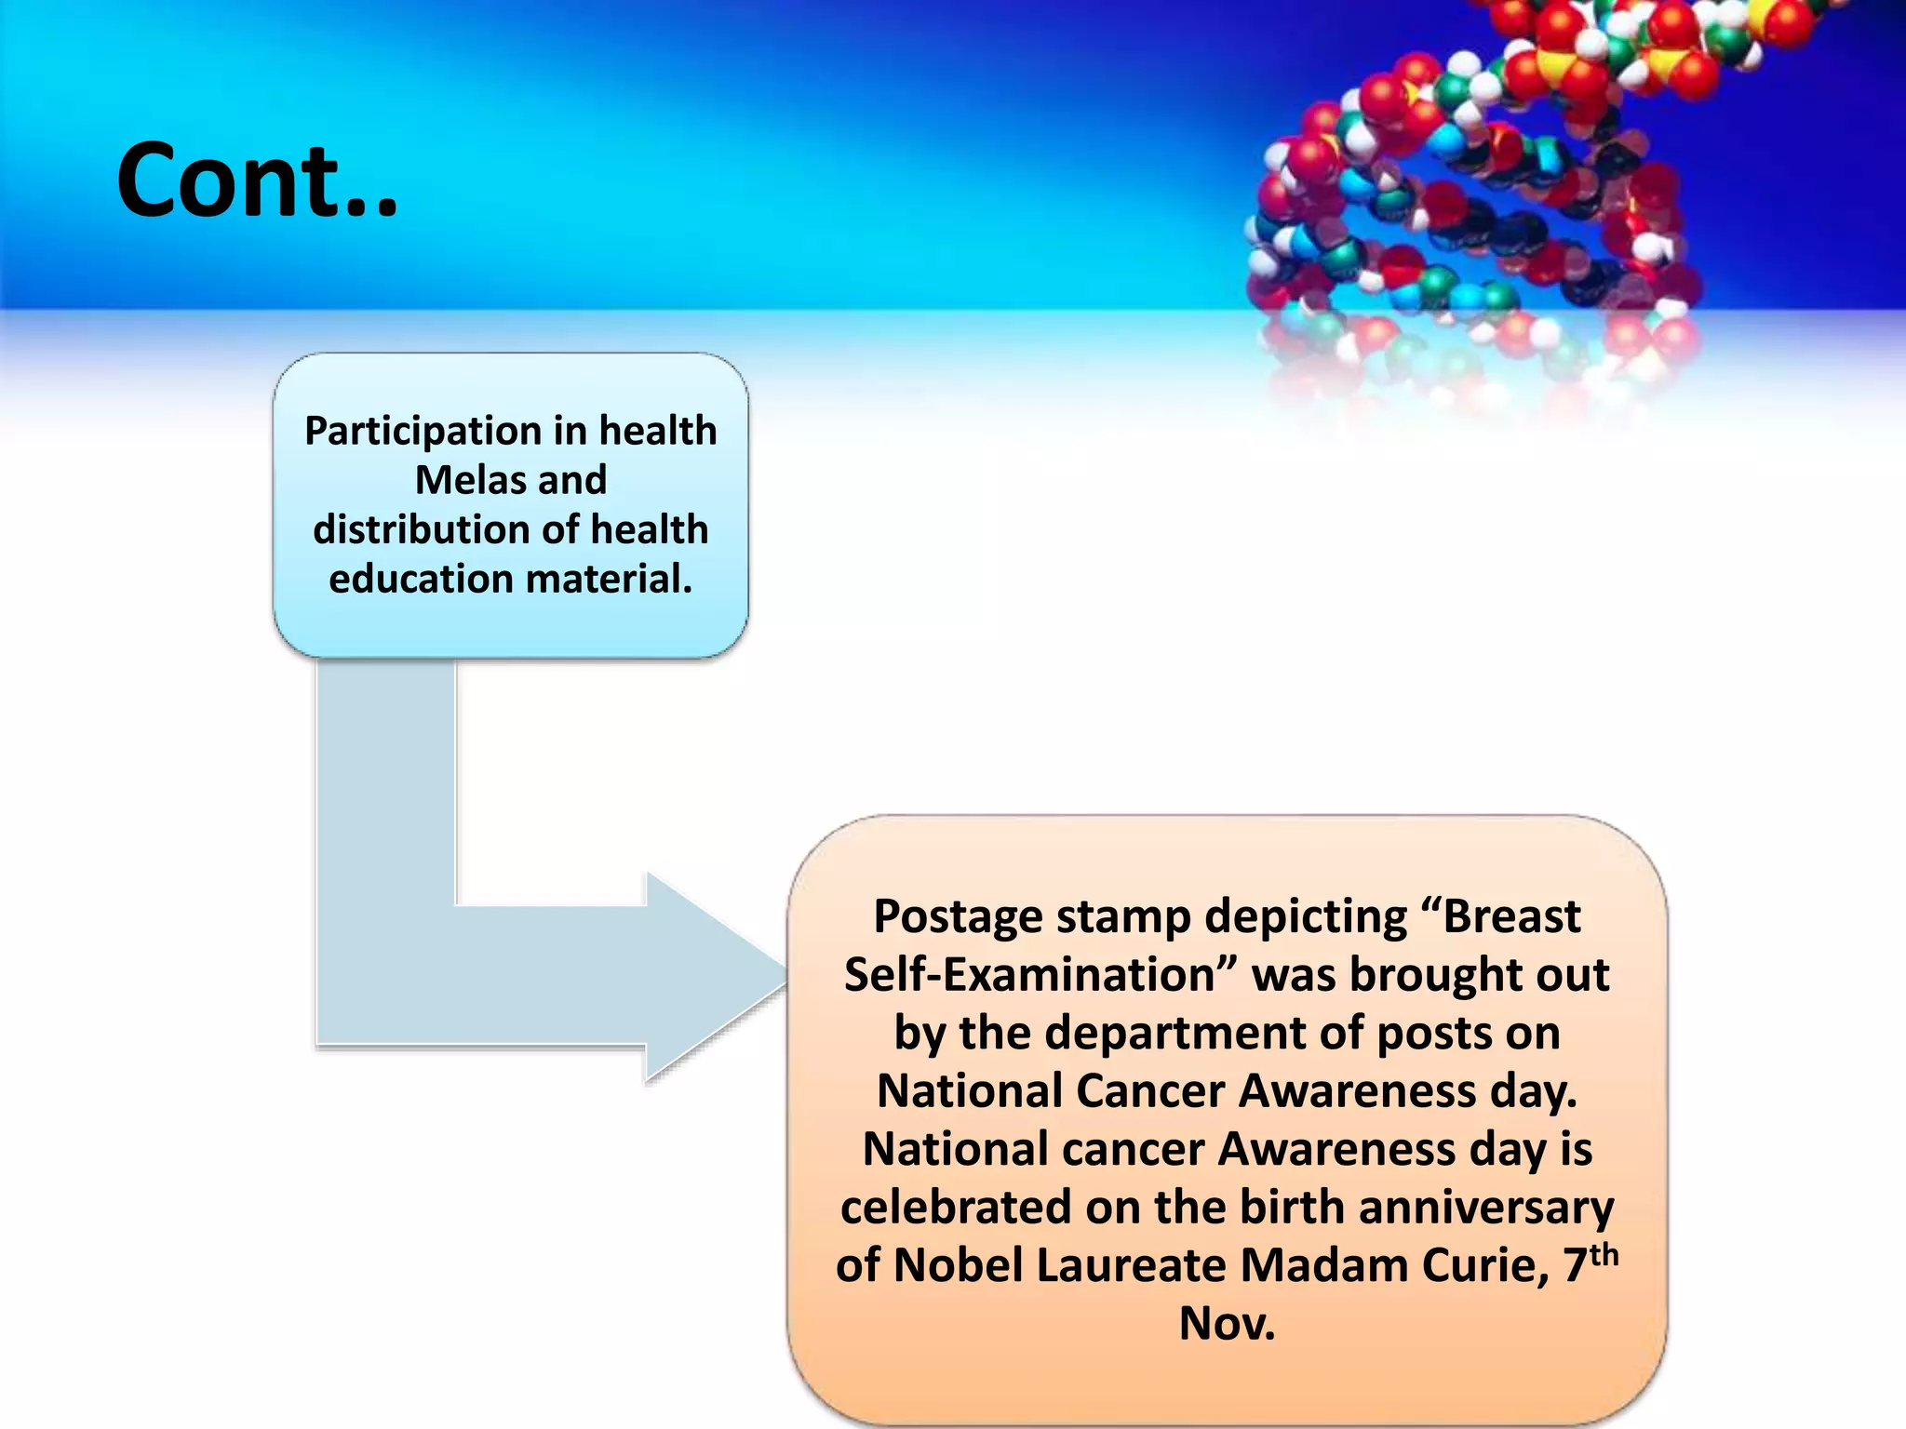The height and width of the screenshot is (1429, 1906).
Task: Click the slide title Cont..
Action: (257, 180)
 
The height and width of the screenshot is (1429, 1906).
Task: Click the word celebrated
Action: (956, 1208)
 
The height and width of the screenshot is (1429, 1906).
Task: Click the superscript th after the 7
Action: (1604, 1254)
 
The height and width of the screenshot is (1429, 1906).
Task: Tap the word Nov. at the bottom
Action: (1227, 1324)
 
